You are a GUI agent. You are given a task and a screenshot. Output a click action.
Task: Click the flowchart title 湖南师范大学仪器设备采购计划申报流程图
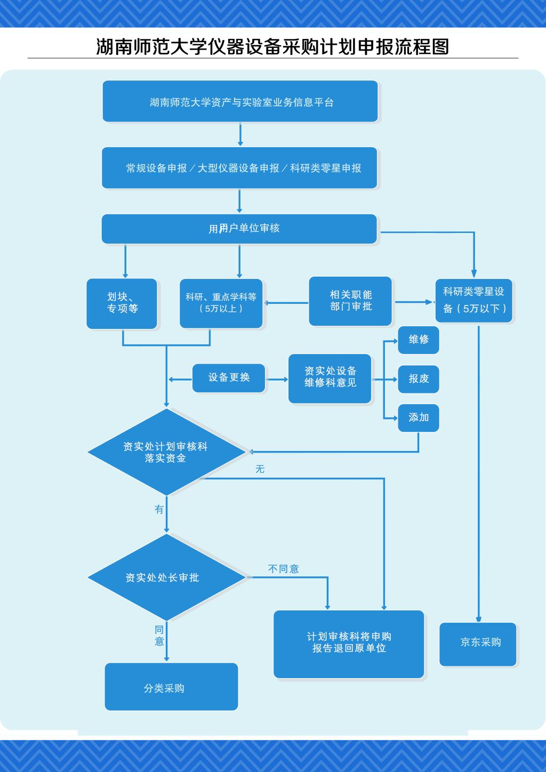tap(272, 46)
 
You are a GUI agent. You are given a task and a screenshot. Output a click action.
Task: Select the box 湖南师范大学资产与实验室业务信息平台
tap(240, 101)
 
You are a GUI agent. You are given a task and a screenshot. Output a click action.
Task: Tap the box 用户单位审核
tap(239, 229)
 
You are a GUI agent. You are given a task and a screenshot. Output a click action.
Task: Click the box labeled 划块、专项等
tap(122, 303)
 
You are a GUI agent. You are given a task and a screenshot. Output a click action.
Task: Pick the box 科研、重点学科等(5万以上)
tap(221, 303)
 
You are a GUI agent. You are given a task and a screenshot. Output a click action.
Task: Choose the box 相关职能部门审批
tap(350, 301)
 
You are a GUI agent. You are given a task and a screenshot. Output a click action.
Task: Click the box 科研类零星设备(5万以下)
tap(474, 301)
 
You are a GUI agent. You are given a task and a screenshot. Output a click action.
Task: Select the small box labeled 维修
tap(419, 340)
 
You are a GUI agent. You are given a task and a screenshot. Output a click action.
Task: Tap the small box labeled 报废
tap(419, 379)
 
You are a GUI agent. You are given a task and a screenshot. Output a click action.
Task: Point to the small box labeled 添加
tap(419, 417)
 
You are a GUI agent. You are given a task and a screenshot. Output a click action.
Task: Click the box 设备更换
tap(229, 377)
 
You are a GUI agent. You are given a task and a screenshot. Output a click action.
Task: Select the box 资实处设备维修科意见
tap(330, 377)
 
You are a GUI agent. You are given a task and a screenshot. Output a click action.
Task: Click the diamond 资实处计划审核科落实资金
tap(166, 452)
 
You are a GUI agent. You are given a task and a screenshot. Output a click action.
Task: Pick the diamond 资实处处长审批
tap(166, 577)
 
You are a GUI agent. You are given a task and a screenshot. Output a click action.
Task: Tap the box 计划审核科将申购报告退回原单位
tap(349, 643)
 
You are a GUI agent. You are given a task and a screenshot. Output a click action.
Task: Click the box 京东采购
tap(478, 643)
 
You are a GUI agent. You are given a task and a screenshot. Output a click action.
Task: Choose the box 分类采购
tap(171, 688)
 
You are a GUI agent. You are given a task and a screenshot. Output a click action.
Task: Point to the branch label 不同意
tap(283, 569)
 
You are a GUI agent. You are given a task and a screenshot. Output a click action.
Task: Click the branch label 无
tap(260, 469)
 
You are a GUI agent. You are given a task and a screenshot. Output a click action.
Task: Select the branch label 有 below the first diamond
tap(159, 510)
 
